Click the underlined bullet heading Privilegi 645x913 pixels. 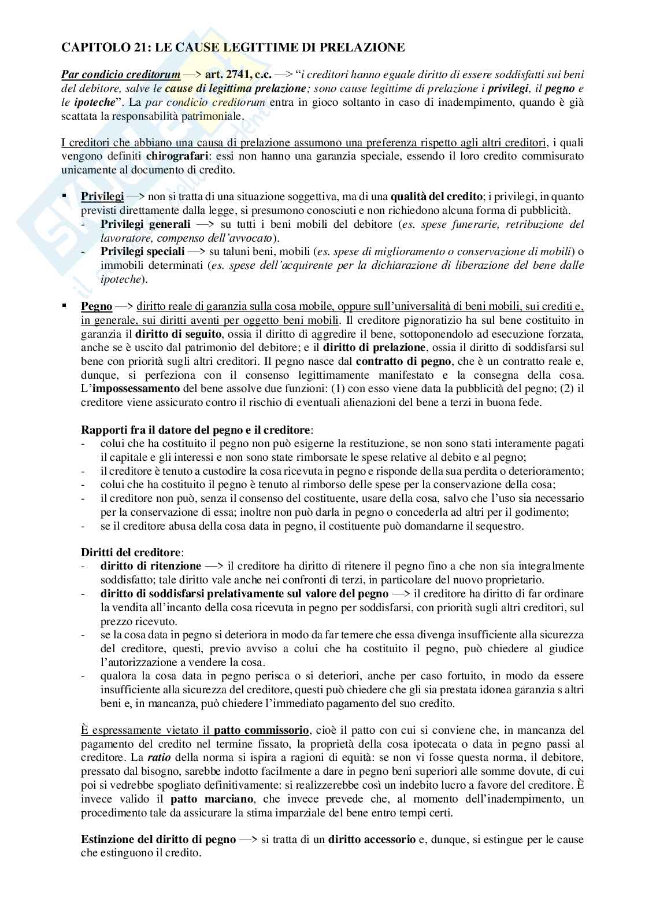click(x=102, y=197)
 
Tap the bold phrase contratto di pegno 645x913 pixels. click(x=403, y=361)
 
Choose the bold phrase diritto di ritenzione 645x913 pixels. click(x=150, y=566)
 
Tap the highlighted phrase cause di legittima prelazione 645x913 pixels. click(x=235, y=88)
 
